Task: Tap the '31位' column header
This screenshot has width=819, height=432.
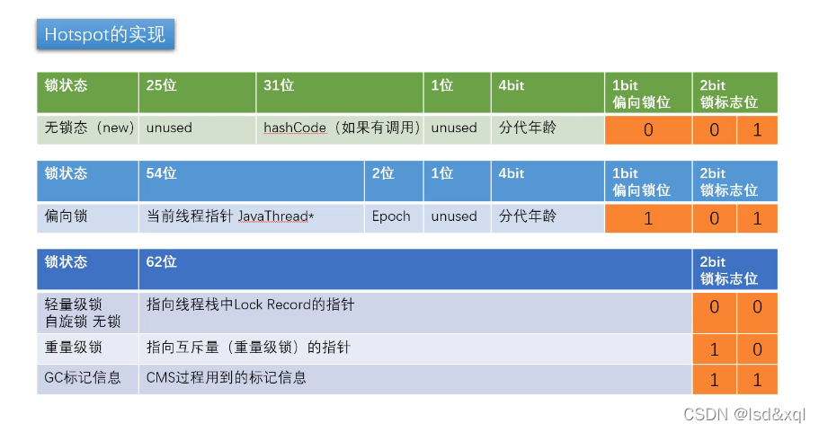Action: click(279, 85)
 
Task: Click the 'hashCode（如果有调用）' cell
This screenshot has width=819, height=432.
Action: click(342, 128)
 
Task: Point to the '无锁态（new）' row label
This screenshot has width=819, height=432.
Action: click(89, 128)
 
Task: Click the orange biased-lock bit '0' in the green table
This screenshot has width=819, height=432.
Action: click(648, 130)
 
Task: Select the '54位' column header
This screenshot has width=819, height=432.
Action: click(161, 173)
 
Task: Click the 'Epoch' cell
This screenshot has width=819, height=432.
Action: click(391, 216)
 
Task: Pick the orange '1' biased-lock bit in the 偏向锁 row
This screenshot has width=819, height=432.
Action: click(648, 218)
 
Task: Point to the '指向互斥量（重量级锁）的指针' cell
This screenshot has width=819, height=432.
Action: click(248, 348)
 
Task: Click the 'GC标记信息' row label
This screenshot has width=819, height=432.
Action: click(83, 377)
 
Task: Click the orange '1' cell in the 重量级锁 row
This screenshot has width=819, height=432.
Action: click(714, 349)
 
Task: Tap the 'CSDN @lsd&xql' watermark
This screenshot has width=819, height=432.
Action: click(744, 414)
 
